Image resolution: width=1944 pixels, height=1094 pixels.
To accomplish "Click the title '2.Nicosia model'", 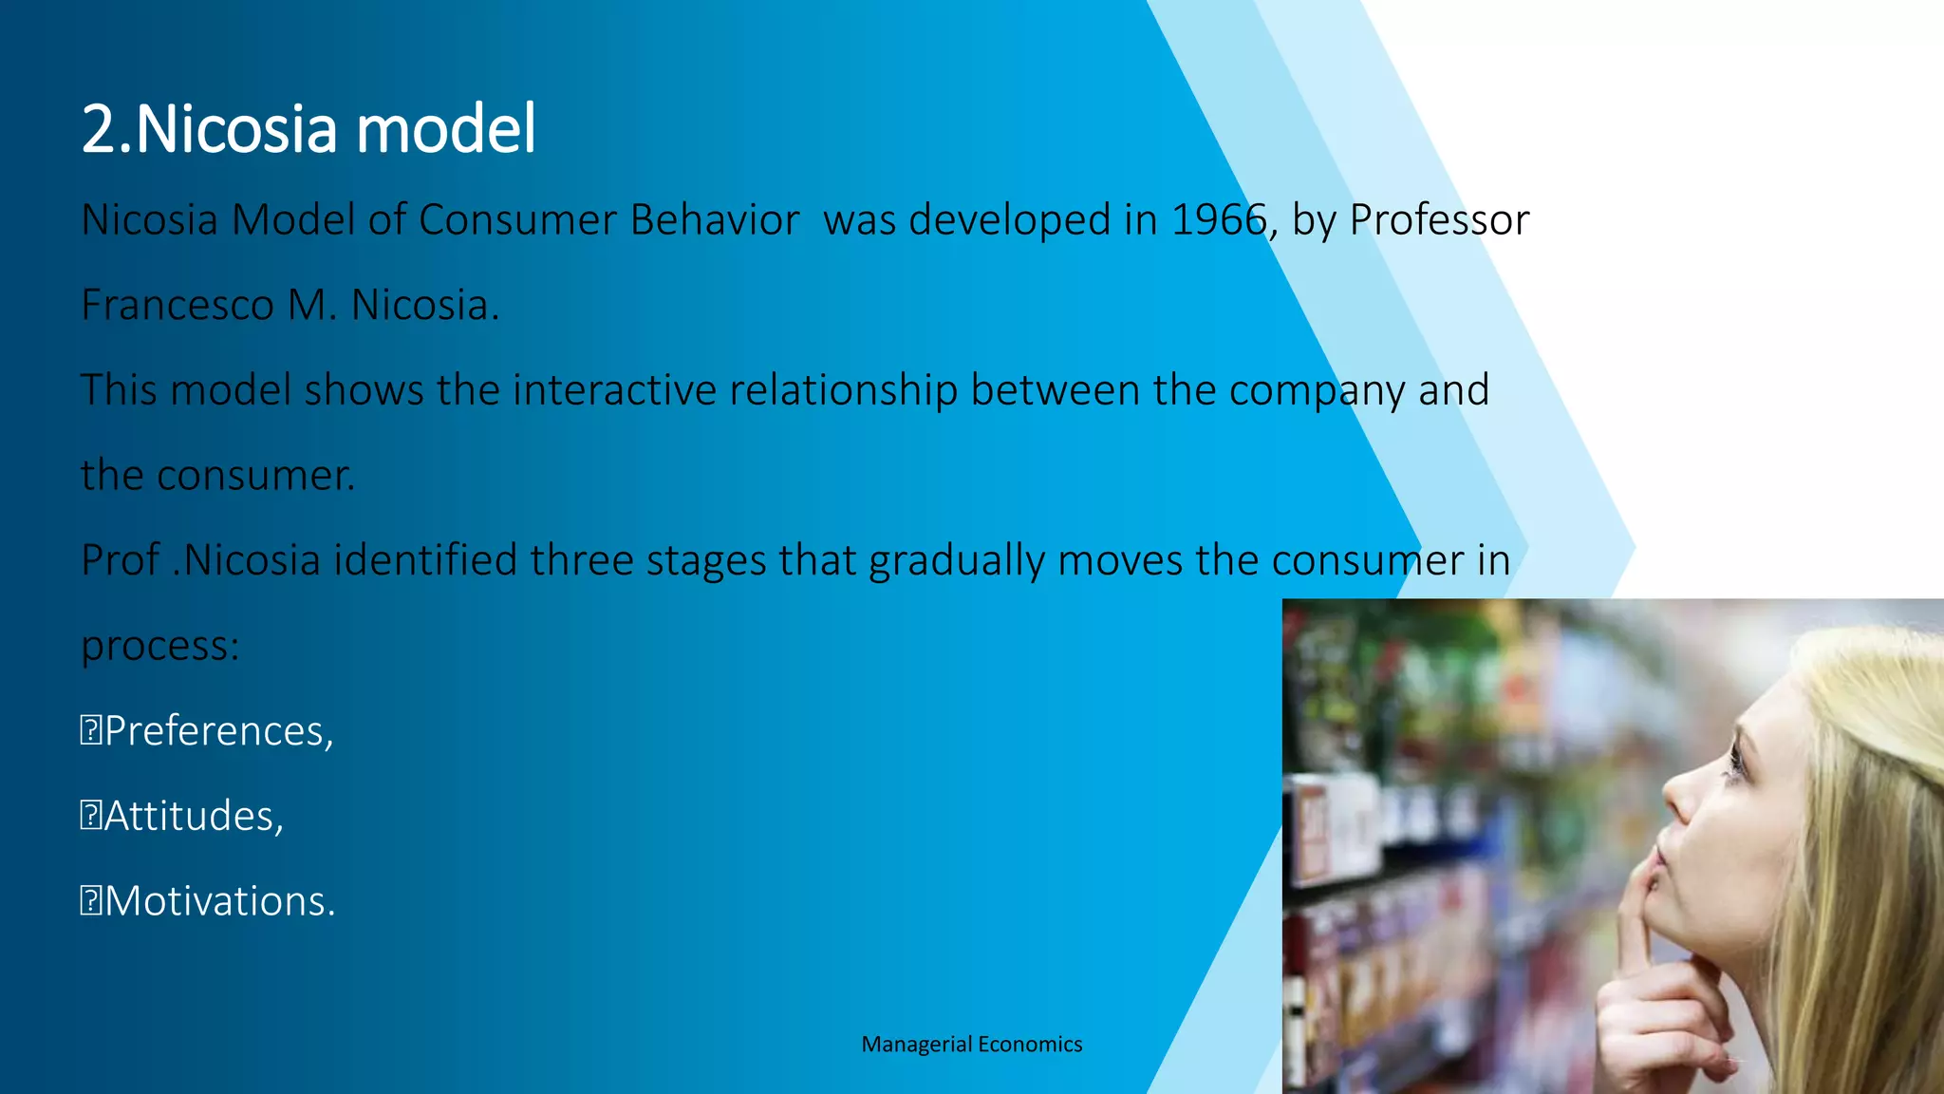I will point(308,129).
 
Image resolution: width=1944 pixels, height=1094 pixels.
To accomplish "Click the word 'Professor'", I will point(1439,220).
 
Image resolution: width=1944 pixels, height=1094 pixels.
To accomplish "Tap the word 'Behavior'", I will point(714,220).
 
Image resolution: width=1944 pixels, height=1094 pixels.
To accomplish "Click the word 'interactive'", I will point(614,390).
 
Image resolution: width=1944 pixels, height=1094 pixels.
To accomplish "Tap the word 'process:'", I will point(160,647).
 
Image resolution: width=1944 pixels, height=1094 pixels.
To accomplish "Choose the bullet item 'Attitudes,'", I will point(194,817).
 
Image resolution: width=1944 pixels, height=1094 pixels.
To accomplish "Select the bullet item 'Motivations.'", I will point(219,901).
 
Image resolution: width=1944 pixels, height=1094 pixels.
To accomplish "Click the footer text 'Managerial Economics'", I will point(971,1045).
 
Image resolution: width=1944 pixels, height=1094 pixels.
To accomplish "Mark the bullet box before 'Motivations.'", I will point(90,901).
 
